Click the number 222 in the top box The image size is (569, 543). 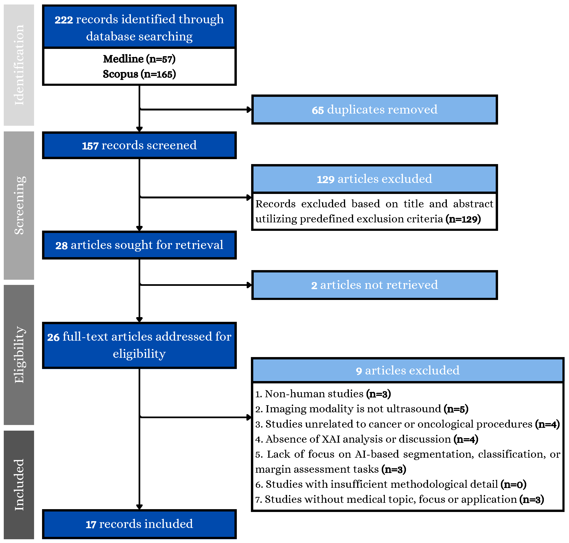point(64,20)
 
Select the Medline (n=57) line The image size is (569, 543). point(139,59)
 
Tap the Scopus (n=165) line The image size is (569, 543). point(139,74)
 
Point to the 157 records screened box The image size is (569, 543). point(139,145)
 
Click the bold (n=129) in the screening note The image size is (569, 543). point(463,219)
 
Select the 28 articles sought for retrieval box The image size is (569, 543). point(139,245)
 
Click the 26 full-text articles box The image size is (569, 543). point(139,345)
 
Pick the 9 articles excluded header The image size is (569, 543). point(407,370)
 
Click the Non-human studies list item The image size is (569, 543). point(323,394)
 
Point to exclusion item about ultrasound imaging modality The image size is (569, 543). point(362,409)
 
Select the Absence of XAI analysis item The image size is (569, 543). point(366,439)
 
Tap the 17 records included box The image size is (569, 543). point(139,524)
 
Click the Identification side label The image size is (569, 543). point(19,65)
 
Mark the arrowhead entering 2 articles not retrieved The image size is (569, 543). point(249,285)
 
